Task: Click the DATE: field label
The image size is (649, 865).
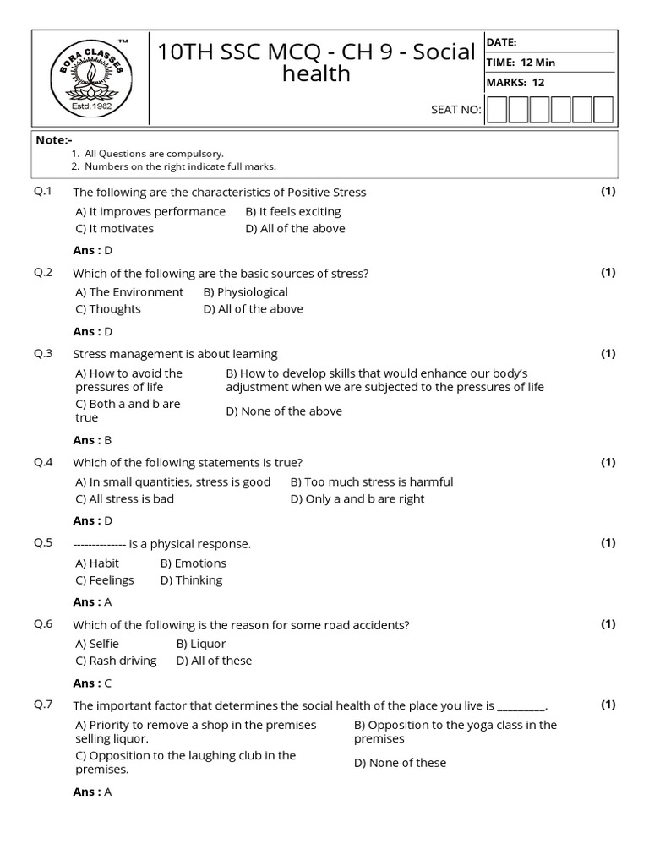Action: point(501,42)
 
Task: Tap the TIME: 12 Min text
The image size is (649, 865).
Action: point(521,63)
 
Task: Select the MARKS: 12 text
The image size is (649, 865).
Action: point(515,82)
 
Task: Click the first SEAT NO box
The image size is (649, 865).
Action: point(497,110)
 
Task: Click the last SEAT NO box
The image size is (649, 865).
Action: point(603,110)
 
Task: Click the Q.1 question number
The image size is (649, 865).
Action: point(43,192)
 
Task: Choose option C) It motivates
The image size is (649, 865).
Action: point(115,228)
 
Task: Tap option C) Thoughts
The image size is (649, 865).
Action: point(108,308)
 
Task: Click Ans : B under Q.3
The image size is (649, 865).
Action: point(92,439)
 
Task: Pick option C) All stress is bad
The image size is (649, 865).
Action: point(124,498)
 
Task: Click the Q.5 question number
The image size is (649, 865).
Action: point(43,543)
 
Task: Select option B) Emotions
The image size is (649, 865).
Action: point(194,563)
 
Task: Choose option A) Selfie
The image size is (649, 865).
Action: point(97,644)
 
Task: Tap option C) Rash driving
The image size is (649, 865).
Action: point(116,661)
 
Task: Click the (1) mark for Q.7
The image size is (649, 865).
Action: point(608,705)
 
